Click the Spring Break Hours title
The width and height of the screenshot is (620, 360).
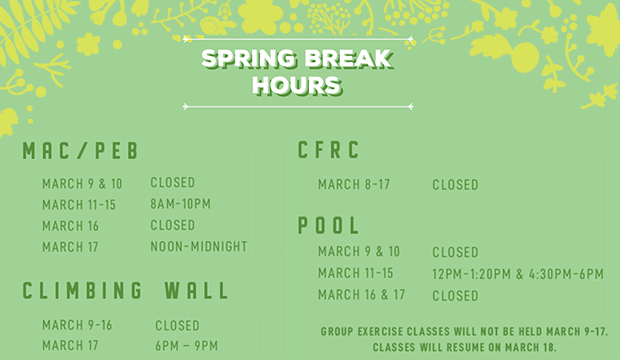coord(299,71)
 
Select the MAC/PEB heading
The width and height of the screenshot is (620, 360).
coord(79,151)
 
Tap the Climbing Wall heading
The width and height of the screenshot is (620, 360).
coord(126,291)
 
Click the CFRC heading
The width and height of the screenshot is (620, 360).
coord(329,150)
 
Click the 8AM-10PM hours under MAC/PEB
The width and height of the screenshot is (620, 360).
coord(181,204)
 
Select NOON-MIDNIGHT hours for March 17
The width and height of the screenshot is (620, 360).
coord(198,246)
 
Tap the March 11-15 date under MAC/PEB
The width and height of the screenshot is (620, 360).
coord(79,204)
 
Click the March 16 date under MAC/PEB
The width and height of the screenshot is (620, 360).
coord(70,225)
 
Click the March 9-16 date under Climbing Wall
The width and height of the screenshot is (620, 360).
coord(77,325)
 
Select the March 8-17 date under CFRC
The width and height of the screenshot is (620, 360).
coord(354,184)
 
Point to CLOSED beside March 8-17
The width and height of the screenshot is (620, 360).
coord(455,184)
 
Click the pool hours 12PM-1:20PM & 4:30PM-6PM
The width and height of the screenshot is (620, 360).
coord(517,274)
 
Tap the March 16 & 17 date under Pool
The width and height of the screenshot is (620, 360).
coord(361,295)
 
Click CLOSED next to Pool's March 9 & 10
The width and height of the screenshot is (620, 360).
coord(455,252)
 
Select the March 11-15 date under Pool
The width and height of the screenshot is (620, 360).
coord(355,274)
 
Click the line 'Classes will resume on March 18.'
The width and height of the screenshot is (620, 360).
coord(464,346)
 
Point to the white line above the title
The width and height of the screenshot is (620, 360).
coord(299,39)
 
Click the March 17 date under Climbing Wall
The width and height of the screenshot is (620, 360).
coord(70,346)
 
